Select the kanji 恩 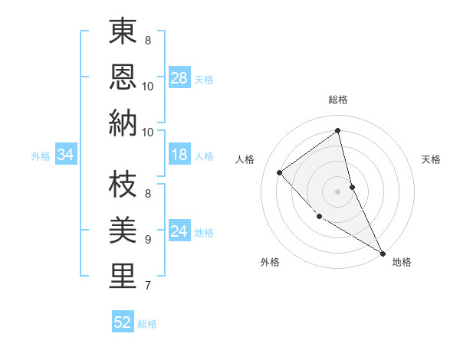123,77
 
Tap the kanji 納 123,123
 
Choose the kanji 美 123,231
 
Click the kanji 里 123,276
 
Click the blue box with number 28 179,78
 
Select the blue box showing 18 179,155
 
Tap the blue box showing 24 179,232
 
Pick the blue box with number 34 66,155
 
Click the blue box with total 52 123,323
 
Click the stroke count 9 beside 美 148,240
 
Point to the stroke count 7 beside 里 148,286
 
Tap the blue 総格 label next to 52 147,324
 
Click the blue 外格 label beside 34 41,156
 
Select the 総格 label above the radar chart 338,100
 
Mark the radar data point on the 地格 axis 383,253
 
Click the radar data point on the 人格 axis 280,172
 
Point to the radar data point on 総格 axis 338,131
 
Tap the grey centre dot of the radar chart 338,191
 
